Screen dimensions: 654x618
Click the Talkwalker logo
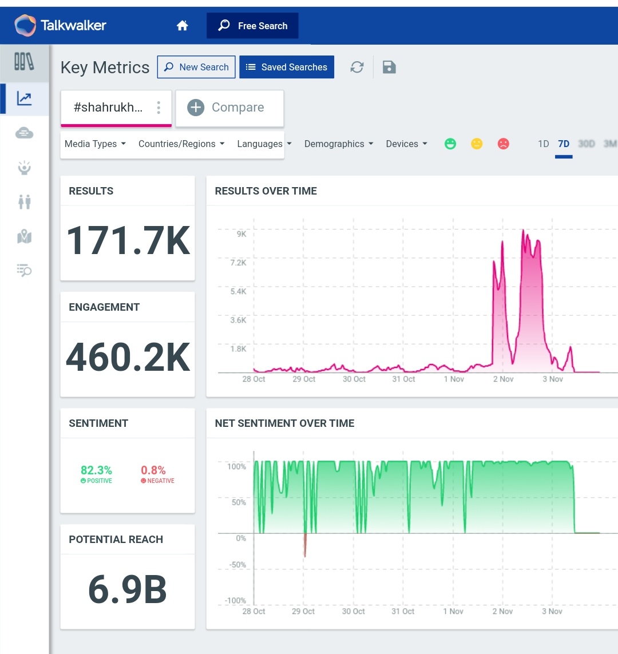pos(60,26)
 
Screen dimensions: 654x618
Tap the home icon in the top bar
pos(183,26)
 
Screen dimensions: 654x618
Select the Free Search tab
pos(252,26)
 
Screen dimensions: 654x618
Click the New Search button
pos(196,67)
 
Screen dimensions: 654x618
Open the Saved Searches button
pos(286,67)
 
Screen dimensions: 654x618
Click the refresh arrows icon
pos(357,67)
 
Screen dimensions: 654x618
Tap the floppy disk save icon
pos(389,67)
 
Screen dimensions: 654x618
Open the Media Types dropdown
pos(95,144)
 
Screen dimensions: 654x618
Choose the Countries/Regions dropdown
pos(181,144)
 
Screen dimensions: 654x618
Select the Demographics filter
pos(338,144)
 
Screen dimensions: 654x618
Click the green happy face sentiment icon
pos(450,144)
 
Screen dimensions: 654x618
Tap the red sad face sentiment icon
pos(503,144)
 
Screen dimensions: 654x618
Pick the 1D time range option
pos(543,144)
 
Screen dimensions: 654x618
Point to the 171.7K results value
pos(128,241)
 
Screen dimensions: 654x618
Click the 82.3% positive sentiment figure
pos(96,470)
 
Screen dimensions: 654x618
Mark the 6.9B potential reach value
pos(128,590)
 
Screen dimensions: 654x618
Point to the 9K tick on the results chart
pos(241,233)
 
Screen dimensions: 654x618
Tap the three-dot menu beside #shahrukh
pos(159,108)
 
